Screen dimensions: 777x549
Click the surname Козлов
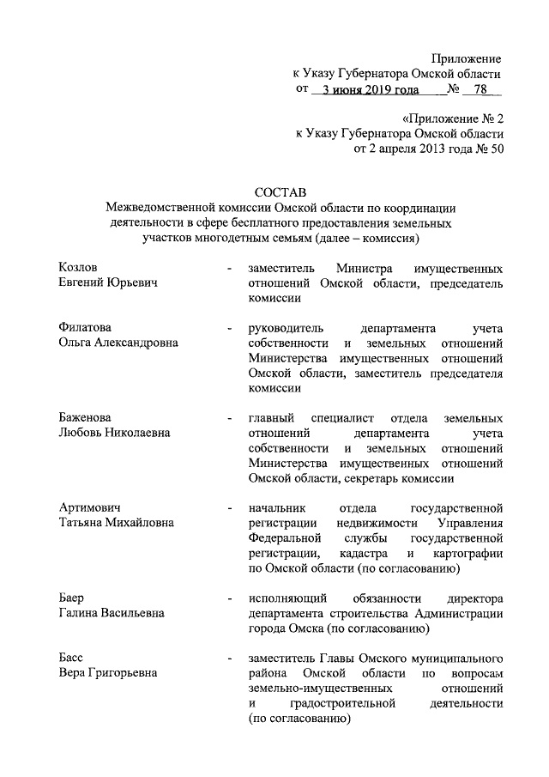coord(79,268)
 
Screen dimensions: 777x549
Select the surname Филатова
coord(85,328)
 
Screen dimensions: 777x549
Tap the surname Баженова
coord(84,418)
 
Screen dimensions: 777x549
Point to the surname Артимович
coord(89,507)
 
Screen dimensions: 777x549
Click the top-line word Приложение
coord(467,58)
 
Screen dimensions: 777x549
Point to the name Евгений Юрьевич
coord(107,282)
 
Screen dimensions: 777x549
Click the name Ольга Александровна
coord(118,343)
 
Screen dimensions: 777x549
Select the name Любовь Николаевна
coord(114,433)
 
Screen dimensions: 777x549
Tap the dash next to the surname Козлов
coord(228,269)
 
